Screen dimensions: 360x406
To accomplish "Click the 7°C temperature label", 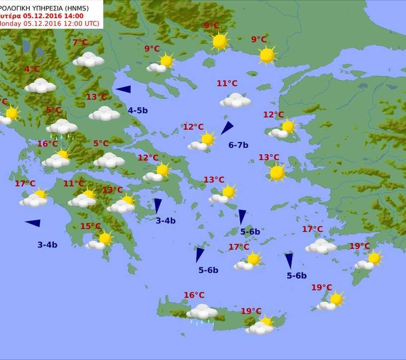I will coord(80,43).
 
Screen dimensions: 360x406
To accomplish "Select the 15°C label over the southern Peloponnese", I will coord(90,226).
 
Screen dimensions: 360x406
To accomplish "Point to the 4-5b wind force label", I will coord(138,110).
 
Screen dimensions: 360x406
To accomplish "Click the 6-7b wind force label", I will coord(238,145).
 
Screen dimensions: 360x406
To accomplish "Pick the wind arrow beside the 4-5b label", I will coord(123,89).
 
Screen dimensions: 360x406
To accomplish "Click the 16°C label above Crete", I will coord(194,295).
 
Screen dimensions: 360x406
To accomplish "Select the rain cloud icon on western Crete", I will coord(202,312).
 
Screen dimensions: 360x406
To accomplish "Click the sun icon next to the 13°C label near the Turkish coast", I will coord(277,173).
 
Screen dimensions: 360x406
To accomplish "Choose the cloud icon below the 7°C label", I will coord(88,60).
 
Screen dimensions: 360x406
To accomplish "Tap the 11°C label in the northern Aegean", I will coord(227,84).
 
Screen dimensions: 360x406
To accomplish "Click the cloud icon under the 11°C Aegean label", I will coord(235,101).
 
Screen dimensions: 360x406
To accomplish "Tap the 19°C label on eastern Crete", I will coord(251,311).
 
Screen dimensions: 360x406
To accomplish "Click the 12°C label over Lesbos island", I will coord(273,115).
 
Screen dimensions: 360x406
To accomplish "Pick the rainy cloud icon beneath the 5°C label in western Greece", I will coord(61,128).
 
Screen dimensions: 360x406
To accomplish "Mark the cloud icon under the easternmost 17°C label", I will coord(320,246).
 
